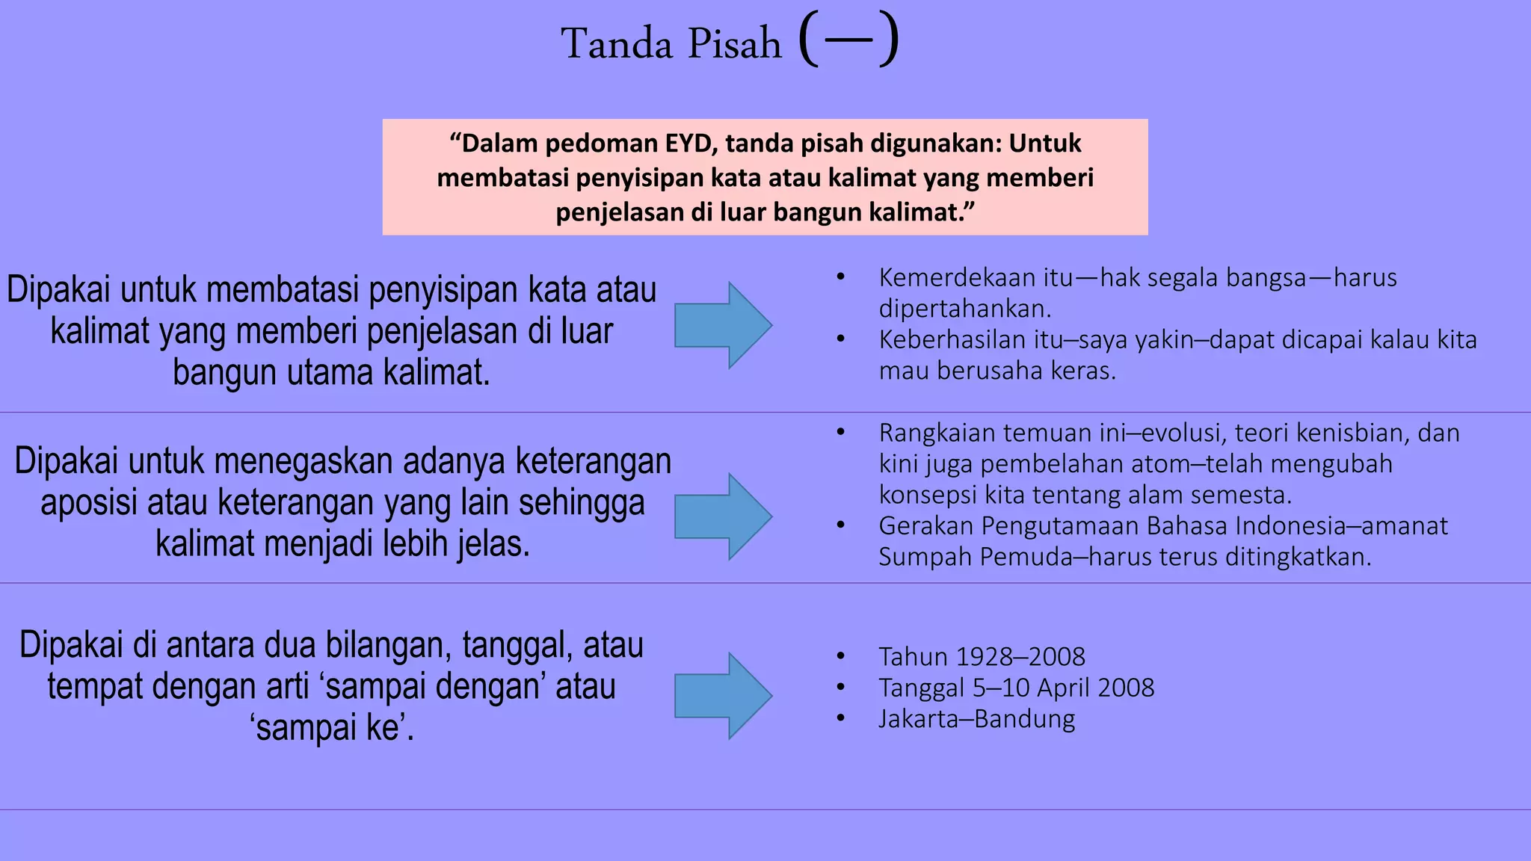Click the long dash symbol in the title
848,40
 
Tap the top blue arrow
722,325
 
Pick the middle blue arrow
722,516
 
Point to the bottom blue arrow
722,696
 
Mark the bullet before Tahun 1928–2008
840,657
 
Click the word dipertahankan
965,309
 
